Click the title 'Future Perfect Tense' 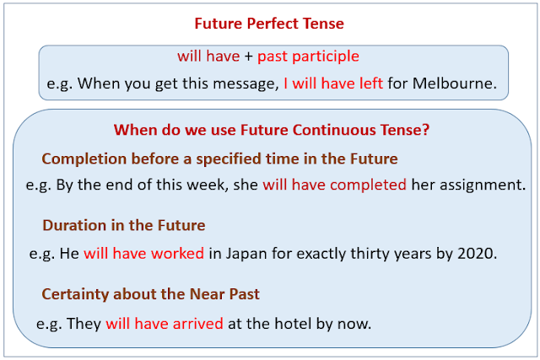[269, 24]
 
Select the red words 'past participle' [308, 56]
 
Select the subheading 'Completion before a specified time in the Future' [219, 159]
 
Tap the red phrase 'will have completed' [334, 185]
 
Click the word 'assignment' [480, 185]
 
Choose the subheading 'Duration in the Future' [123, 226]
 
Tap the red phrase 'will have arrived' [165, 323]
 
